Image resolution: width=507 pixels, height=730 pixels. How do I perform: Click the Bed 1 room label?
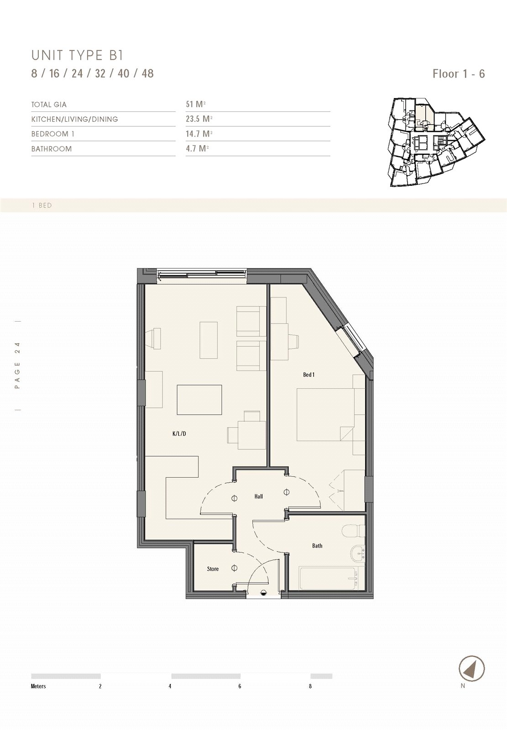pyautogui.click(x=309, y=375)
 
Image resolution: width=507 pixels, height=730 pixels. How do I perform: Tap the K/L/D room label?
pyautogui.click(x=179, y=433)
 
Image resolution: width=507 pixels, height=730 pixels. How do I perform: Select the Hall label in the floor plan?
pyautogui.click(x=259, y=497)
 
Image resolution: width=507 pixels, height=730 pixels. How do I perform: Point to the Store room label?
pyautogui.click(x=213, y=569)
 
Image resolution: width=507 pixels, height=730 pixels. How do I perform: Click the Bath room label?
pyautogui.click(x=317, y=546)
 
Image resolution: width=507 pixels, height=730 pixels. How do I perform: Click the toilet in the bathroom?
pyautogui.click(x=353, y=530)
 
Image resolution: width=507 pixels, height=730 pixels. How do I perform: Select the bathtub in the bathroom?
pyautogui.click(x=329, y=578)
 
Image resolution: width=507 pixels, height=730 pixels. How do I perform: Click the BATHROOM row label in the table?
pyautogui.click(x=52, y=149)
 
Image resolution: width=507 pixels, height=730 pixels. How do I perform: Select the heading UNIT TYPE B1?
pyautogui.click(x=77, y=56)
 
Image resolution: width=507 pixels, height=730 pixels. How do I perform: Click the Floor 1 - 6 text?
pyautogui.click(x=459, y=73)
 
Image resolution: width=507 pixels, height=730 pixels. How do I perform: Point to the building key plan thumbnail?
pyautogui.click(x=437, y=142)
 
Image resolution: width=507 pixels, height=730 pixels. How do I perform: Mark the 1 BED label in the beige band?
pyautogui.click(x=42, y=206)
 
